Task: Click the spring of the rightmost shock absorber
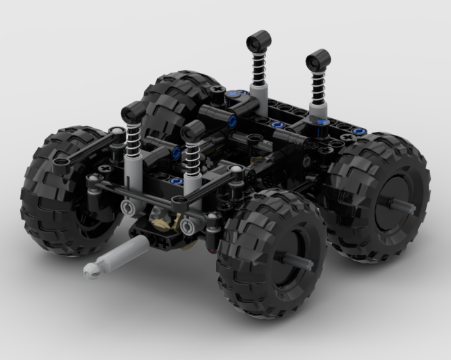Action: coord(318,82)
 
